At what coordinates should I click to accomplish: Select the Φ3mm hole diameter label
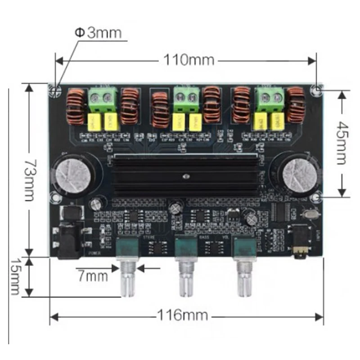98,33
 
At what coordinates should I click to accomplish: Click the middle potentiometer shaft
186,279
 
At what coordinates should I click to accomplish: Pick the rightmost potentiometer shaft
246,279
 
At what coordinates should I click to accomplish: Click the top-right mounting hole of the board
318,90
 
